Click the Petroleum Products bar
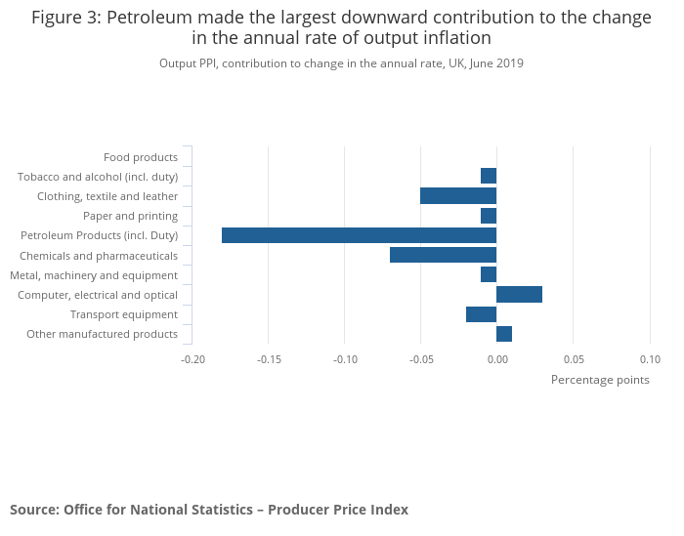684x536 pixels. click(359, 235)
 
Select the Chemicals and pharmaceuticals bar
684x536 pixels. click(443, 255)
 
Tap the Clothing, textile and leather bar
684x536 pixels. click(458, 195)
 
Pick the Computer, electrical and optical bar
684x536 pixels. click(519, 295)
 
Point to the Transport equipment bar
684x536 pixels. click(481, 314)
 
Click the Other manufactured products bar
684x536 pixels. click(504, 334)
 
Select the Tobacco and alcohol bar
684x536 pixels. click(489, 176)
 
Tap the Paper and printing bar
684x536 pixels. click(489, 216)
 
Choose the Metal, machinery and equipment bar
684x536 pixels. click(489, 274)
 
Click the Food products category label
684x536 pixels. click(141, 157)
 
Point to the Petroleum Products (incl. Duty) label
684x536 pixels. click(100, 235)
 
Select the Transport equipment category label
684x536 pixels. click(124, 314)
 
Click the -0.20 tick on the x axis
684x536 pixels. click(193, 359)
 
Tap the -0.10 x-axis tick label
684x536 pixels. click(345, 359)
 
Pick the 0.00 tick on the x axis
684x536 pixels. click(497, 359)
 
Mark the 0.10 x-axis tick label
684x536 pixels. click(650, 359)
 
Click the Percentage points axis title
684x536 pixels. click(600, 380)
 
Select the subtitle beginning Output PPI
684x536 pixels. click(341, 63)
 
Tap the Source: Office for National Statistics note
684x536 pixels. click(209, 510)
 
